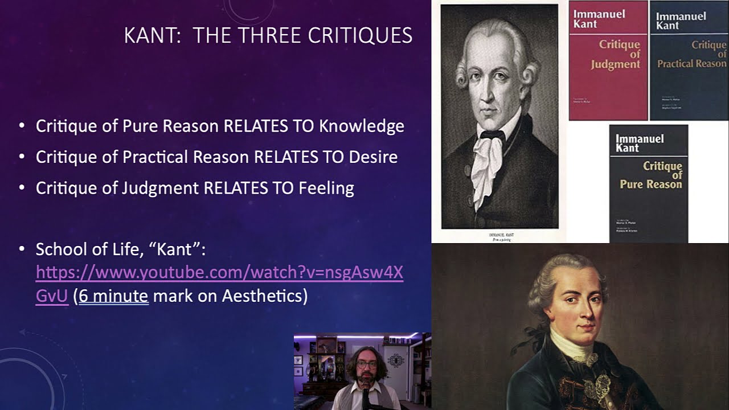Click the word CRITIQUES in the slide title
click(x=360, y=35)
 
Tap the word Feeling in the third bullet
click(x=326, y=187)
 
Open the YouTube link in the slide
click(x=219, y=273)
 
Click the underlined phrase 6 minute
click(x=113, y=296)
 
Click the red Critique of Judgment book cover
click(x=608, y=60)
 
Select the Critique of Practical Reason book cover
click(x=689, y=60)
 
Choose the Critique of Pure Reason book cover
click(x=648, y=182)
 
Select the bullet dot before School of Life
click(x=22, y=249)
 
